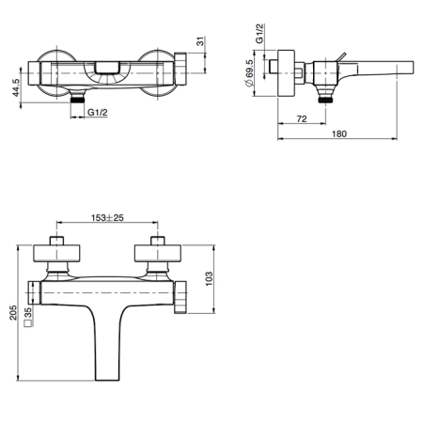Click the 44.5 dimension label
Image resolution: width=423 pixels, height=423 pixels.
click(16, 87)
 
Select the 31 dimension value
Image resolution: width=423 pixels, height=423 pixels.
click(200, 41)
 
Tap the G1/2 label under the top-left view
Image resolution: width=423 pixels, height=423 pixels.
click(98, 112)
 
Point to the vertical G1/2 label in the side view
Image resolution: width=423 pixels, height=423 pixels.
click(259, 33)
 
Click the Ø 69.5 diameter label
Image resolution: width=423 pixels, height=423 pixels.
click(249, 73)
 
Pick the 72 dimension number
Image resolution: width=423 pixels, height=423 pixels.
click(302, 119)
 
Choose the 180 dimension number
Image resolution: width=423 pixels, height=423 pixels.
click(339, 133)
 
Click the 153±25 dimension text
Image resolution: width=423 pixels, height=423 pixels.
click(107, 217)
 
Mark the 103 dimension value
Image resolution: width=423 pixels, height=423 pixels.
click(209, 278)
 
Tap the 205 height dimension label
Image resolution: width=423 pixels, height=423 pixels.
click(13, 312)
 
